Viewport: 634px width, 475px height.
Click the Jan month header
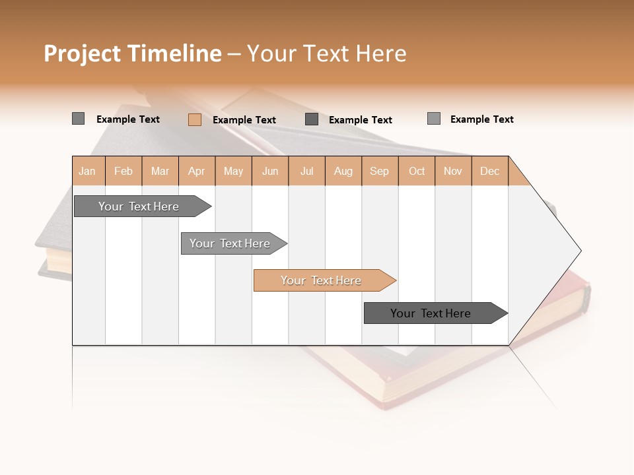coord(88,171)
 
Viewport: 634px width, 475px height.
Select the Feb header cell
coord(123,171)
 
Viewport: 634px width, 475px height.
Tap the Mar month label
coord(160,171)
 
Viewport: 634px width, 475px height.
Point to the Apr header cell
coord(197,171)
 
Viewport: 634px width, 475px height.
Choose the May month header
coord(233,171)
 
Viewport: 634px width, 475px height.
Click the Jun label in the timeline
coord(270,171)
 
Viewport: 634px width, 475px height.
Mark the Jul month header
coord(306,171)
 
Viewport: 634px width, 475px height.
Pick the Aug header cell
coord(343,171)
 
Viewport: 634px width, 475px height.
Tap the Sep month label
coord(380,171)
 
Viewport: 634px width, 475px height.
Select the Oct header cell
coord(417,171)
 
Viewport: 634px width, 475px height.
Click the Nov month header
coord(453,171)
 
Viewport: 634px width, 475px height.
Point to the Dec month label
coord(490,171)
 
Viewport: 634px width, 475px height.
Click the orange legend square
coord(195,119)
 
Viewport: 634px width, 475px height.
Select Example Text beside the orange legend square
coord(244,120)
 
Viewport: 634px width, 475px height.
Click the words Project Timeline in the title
coord(133,53)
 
